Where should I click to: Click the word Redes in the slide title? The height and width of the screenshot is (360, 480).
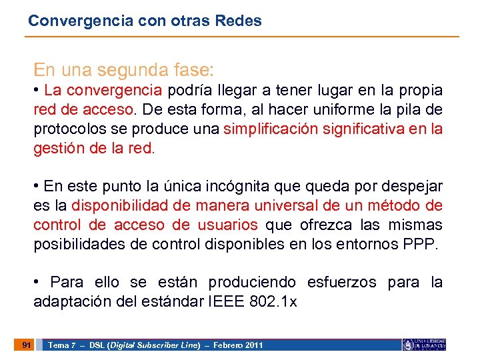click(x=239, y=21)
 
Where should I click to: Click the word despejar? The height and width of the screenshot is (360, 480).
click(x=413, y=186)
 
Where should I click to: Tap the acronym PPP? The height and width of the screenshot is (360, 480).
click(x=419, y=244)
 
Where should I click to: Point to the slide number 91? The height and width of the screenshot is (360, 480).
click(x=26, y=345)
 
